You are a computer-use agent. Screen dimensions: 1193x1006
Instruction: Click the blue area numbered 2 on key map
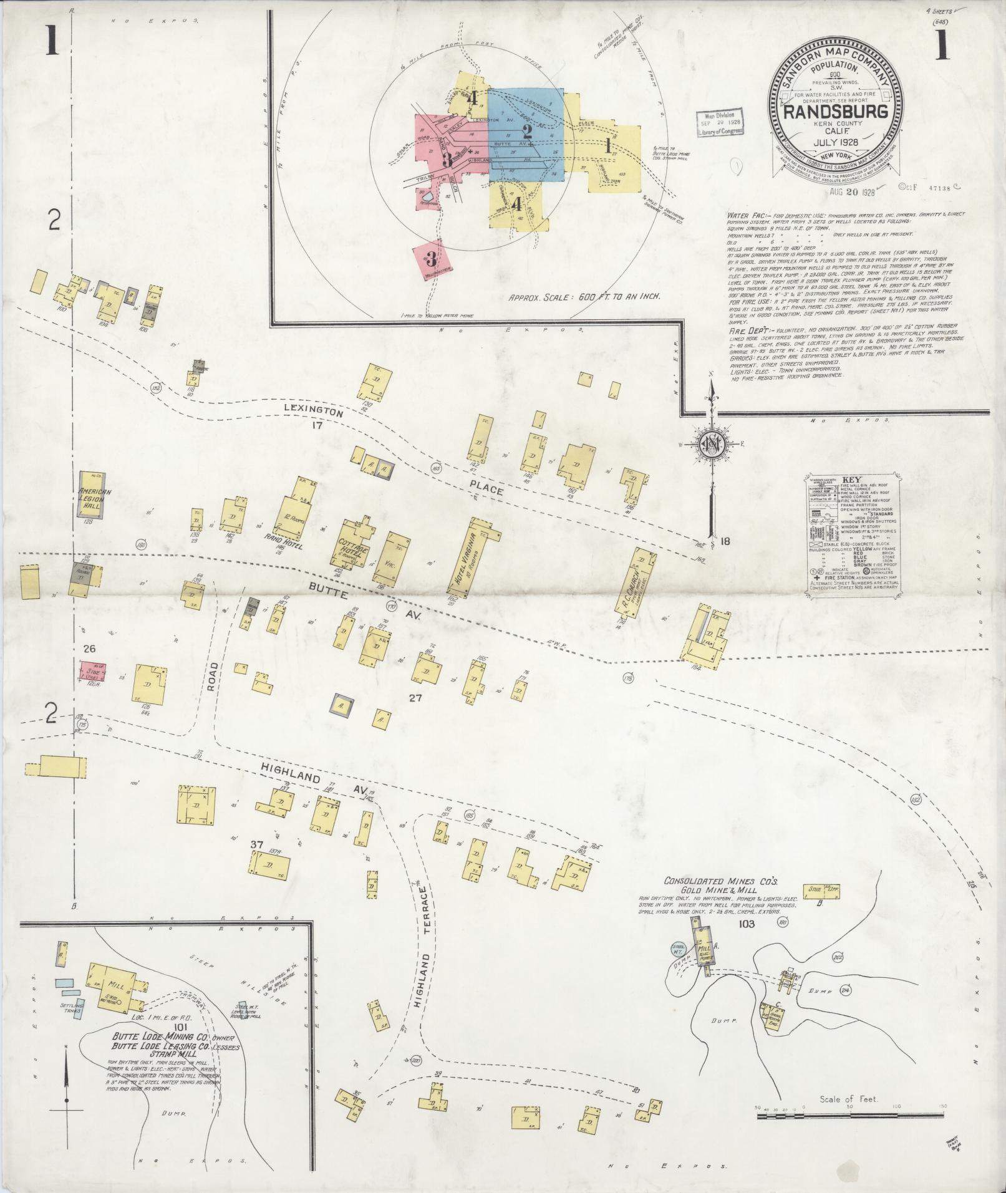526,134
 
